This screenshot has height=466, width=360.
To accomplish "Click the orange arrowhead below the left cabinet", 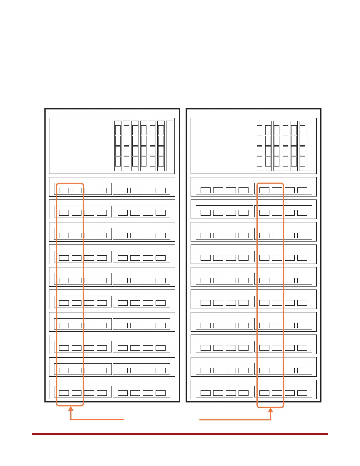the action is (71, 408).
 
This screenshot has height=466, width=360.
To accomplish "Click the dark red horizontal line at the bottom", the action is (180, 434).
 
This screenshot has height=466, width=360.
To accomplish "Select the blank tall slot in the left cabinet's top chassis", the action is (170, 146).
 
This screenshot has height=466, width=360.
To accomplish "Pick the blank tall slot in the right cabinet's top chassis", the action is (311, 146).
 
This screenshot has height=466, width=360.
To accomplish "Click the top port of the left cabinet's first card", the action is (118, 130).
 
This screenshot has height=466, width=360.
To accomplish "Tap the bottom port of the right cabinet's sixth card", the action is (303, 162).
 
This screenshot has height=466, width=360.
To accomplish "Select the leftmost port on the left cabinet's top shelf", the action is (64, 190).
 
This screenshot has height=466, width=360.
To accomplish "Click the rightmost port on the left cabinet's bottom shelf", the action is (161, 393).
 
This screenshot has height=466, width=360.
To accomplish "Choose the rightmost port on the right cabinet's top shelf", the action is (302, 190).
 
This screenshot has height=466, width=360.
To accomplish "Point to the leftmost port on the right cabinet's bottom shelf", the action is (205, 393).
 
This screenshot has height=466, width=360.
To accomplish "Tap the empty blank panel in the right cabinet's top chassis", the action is (223, 146).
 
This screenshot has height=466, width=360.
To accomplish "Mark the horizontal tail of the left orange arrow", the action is (97, 419).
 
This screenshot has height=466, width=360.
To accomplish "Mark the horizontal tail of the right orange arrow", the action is (235, 420).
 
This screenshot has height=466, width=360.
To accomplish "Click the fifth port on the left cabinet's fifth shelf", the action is (123, 280).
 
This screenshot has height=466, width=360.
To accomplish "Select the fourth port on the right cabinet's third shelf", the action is (244, 235).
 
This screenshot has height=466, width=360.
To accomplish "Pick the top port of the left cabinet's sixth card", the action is (161, 130).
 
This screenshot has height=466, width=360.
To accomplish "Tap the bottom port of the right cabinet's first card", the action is (259, 162).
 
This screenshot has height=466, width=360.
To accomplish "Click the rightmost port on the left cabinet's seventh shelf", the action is (161, 325).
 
